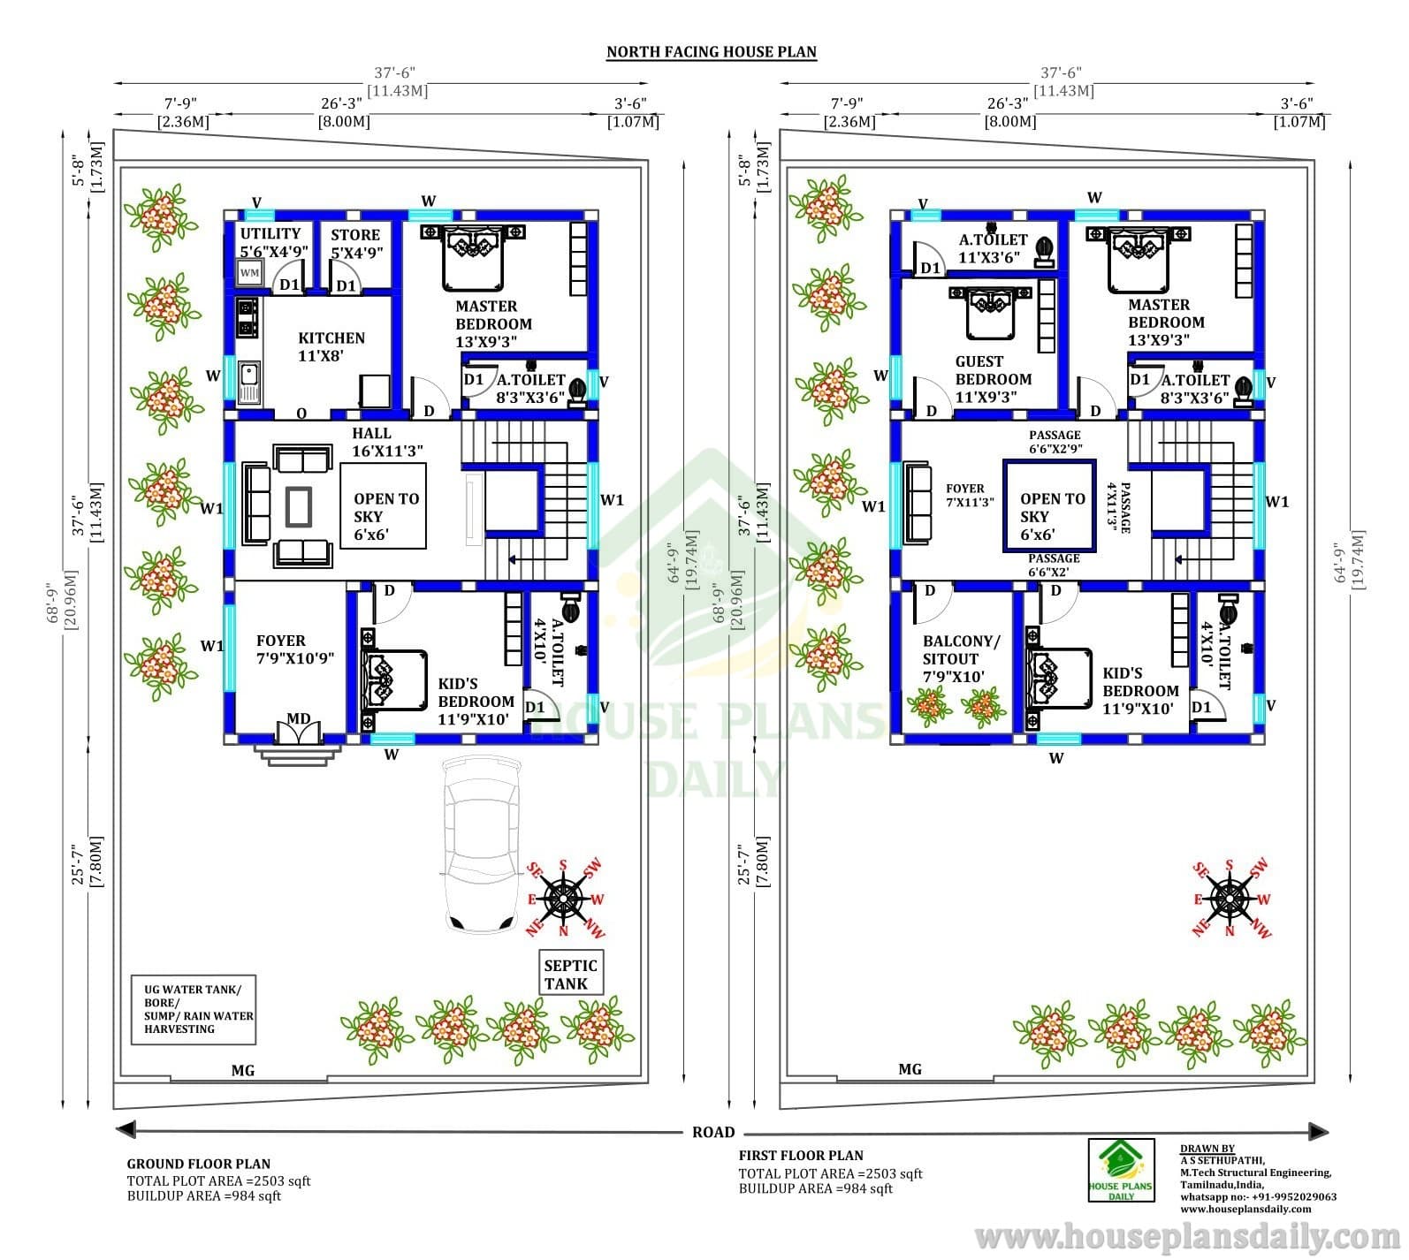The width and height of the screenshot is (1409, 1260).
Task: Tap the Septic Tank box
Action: point(571,974)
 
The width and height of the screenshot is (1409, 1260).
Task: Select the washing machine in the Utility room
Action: point(250,273)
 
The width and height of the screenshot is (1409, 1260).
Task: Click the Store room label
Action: point(355,243)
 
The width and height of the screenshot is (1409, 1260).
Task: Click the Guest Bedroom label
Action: point(993,379)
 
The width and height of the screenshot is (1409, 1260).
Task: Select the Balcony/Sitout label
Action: point(961,659)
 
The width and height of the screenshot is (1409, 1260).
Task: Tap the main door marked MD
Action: point(298,731)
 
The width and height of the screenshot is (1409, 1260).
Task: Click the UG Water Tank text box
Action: point(194,1009)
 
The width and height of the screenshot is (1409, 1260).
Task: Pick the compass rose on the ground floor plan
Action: point(564,899)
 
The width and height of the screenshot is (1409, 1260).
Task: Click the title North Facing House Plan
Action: point(712,52)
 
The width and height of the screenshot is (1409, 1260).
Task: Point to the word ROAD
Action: point(713,1132)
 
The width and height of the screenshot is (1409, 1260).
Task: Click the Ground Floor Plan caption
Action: point(199,1164)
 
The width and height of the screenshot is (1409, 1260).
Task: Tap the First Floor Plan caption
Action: point(801,1155)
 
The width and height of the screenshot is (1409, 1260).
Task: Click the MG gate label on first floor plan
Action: point(910,1069)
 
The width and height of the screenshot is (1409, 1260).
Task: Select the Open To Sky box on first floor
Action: point(1049,506)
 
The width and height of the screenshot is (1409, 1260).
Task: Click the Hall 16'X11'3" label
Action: point(387,442)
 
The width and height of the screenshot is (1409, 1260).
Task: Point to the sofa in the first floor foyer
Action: point(919,505)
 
